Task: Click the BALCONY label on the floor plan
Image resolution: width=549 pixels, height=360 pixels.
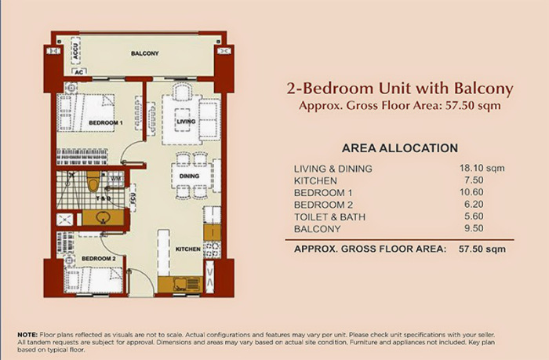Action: tap(145, 53)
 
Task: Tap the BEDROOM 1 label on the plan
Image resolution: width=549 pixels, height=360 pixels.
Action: tap(105, 124)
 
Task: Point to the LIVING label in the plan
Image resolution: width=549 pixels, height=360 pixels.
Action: tap(186, 122)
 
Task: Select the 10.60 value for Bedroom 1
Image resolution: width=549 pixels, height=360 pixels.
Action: tap(477, 192)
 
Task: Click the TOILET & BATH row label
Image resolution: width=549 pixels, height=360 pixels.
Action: tap(329, 217)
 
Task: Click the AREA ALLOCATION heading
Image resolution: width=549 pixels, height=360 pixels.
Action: tap(400, 147)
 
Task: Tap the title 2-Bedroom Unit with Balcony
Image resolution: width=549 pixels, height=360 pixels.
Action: tap(401, 88)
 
